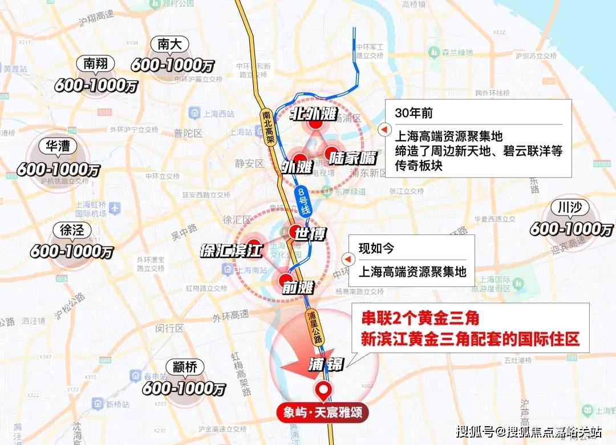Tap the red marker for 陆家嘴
pyautogui.click(x=333, y=153)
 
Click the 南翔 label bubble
pyautogui.click(x=95, y=64)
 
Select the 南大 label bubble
pyautogui.click(x=171, y=44)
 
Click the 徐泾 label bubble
pyautogui.click(x=72, y=230)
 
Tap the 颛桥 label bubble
pyautogui.click(x=184, y=367)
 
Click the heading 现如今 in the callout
pyautogui.click(x=376, y=249)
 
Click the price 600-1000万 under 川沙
pyautogui.click(x=571, y=229)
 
